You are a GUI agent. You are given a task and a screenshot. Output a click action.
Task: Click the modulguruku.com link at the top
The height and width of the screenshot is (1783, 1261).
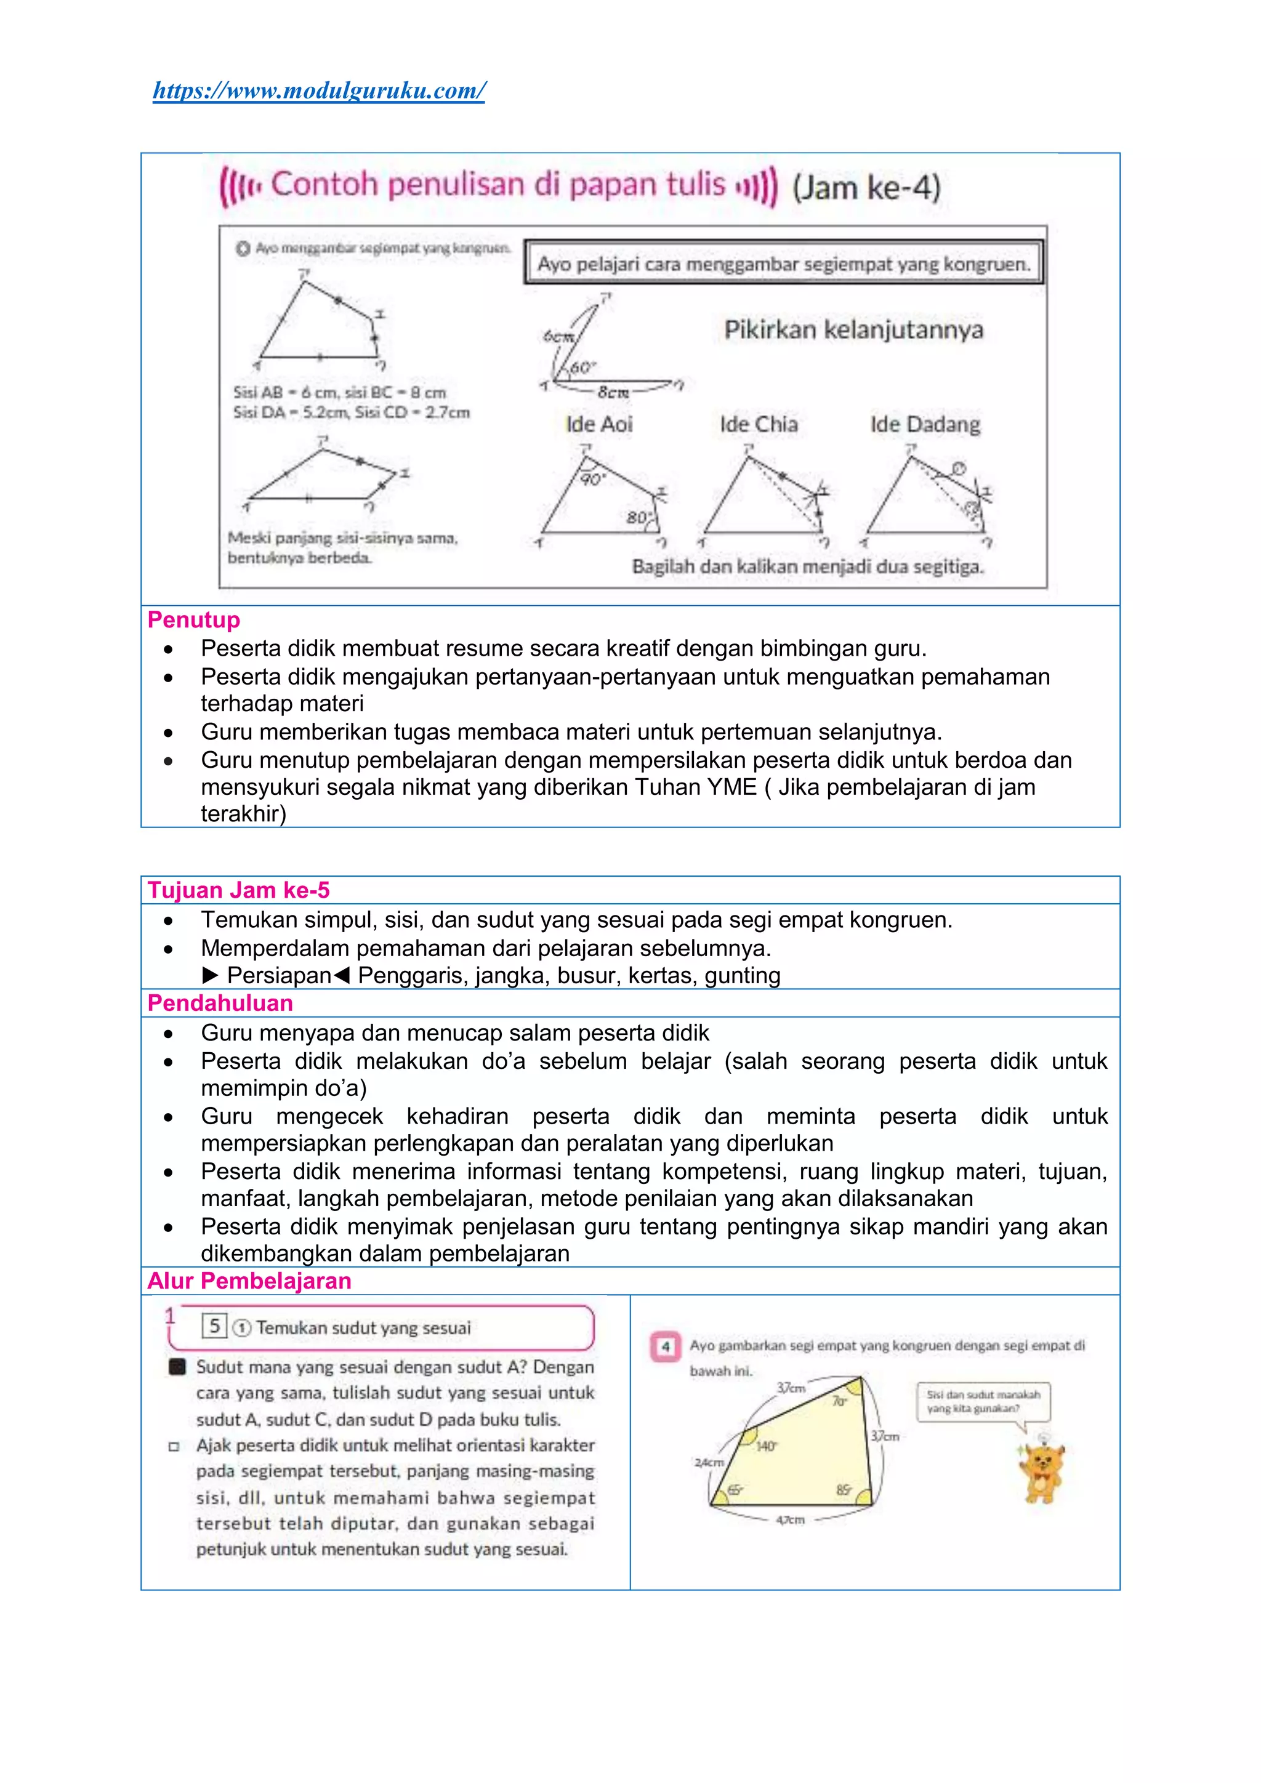point(319,91)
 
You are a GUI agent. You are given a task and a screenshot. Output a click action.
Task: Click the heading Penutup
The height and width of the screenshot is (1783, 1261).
point(193,620)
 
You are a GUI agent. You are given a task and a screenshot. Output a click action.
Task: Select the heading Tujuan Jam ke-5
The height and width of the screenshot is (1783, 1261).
point(238,890)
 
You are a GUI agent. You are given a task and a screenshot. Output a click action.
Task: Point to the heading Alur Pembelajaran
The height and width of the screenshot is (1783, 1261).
point(249,1281)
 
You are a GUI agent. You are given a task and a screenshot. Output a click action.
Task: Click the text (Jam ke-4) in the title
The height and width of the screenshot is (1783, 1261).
point(866,187)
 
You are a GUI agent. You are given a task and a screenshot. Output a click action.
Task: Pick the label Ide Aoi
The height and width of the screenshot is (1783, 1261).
point(598,424)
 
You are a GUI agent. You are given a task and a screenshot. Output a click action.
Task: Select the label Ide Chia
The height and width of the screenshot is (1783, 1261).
point(758,424)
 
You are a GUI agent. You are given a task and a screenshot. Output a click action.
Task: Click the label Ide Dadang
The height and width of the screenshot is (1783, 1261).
point(925,424)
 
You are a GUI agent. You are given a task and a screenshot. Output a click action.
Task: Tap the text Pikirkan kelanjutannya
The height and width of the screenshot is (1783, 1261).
point(853,329)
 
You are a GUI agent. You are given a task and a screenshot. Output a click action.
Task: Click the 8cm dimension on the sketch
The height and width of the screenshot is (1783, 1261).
point(613,392)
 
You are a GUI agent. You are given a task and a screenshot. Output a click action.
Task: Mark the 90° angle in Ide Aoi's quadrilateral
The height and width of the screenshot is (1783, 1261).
point(592,479)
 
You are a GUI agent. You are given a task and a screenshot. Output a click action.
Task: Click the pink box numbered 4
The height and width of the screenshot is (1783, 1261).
point(666,1346)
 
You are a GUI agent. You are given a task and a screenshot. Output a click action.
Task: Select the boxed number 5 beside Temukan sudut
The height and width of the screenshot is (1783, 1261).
point(214,1326)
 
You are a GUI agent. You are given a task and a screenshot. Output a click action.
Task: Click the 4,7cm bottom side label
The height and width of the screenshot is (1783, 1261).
point(790,1519)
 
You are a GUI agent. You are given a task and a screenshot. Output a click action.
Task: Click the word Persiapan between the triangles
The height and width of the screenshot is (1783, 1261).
point(279,975)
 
